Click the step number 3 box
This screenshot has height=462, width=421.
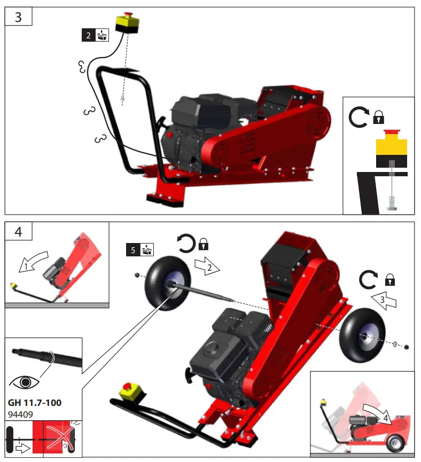pos(19,17)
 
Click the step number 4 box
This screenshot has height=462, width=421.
pos(19,232)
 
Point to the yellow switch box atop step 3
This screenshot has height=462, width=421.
pos(128,22)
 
